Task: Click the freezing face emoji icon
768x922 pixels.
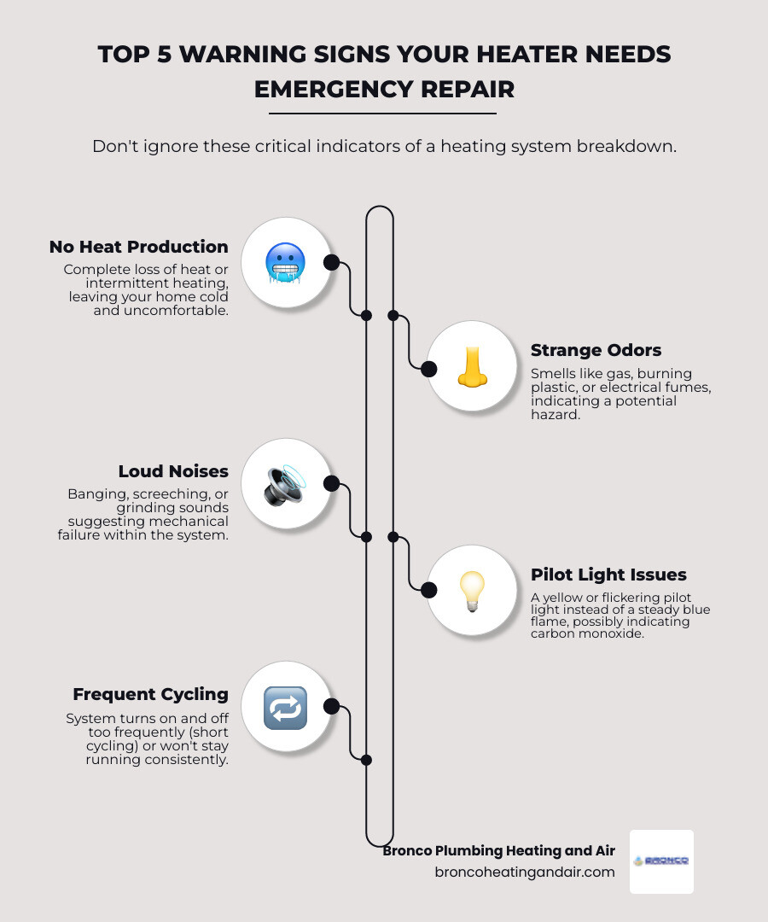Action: coord(285,262)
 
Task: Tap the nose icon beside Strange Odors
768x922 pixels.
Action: coord(471,367)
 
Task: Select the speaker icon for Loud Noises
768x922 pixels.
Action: coord(285,484)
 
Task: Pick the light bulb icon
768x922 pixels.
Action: coord(471,590)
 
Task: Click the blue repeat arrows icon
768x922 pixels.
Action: coord(285,707)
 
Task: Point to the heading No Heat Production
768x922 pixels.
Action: coord(139,248)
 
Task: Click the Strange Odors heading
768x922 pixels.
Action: coord(596,350)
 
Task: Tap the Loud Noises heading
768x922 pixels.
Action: coord(173,471)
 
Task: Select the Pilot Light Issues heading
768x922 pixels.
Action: coord(608,575)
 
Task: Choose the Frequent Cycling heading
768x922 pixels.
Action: coord(150,694)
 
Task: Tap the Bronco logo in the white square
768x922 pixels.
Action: coord(661,861)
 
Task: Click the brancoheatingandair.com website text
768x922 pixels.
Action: coord(525,872)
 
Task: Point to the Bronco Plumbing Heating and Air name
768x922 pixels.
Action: coord(498,850)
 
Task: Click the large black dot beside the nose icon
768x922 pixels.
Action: coord(429,369)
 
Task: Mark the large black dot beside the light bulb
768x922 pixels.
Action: coord(429,590)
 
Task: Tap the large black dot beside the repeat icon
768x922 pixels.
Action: coord(332,707)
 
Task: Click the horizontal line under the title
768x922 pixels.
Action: coord(382,113)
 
